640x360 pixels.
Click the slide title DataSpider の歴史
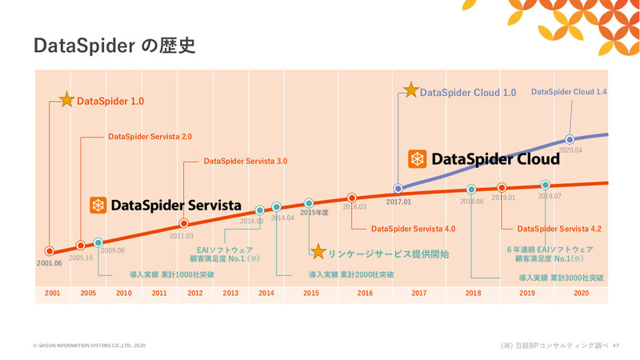pyautogui.click(x=114, y=45)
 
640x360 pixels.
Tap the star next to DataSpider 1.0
pyautogui.click(x=66, y=101)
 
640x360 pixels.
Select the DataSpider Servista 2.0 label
pyautogui.click(x=150, y=137)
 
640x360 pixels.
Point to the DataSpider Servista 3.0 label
pyautogui.click(x=245, y=161)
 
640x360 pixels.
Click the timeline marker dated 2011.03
pyautogui.click(x=184, y=224)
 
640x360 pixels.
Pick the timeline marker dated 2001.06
pyautogui.click(x=50, y=250)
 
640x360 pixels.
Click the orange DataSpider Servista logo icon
pyautogui.click(x=98, y=206)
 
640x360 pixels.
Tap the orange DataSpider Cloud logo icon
pyautogui.click(x=418, y=159)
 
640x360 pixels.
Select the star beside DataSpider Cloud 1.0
pyautogui.click(x=410, y=91)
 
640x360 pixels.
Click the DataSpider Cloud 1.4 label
pyautogui.click(x=569, y=92)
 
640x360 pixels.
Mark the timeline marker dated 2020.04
pyautogui.click(x=570, y=139)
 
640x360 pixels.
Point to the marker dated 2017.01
pyautogui.click(x=398, y=189)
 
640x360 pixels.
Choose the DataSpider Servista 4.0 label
pyautogui.click(x=413, y=229)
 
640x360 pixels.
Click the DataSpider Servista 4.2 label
pyautogui.click(x=559, y=229)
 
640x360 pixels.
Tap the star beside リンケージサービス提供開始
pyautogui.click(x=318, y=252)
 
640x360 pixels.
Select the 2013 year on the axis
pyautogui.click(x=230, y=294)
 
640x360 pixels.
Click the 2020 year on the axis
pyautogui.click(x=582, y=294)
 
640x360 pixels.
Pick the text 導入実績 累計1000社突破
pyautogui.click(x=172, y=274)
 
